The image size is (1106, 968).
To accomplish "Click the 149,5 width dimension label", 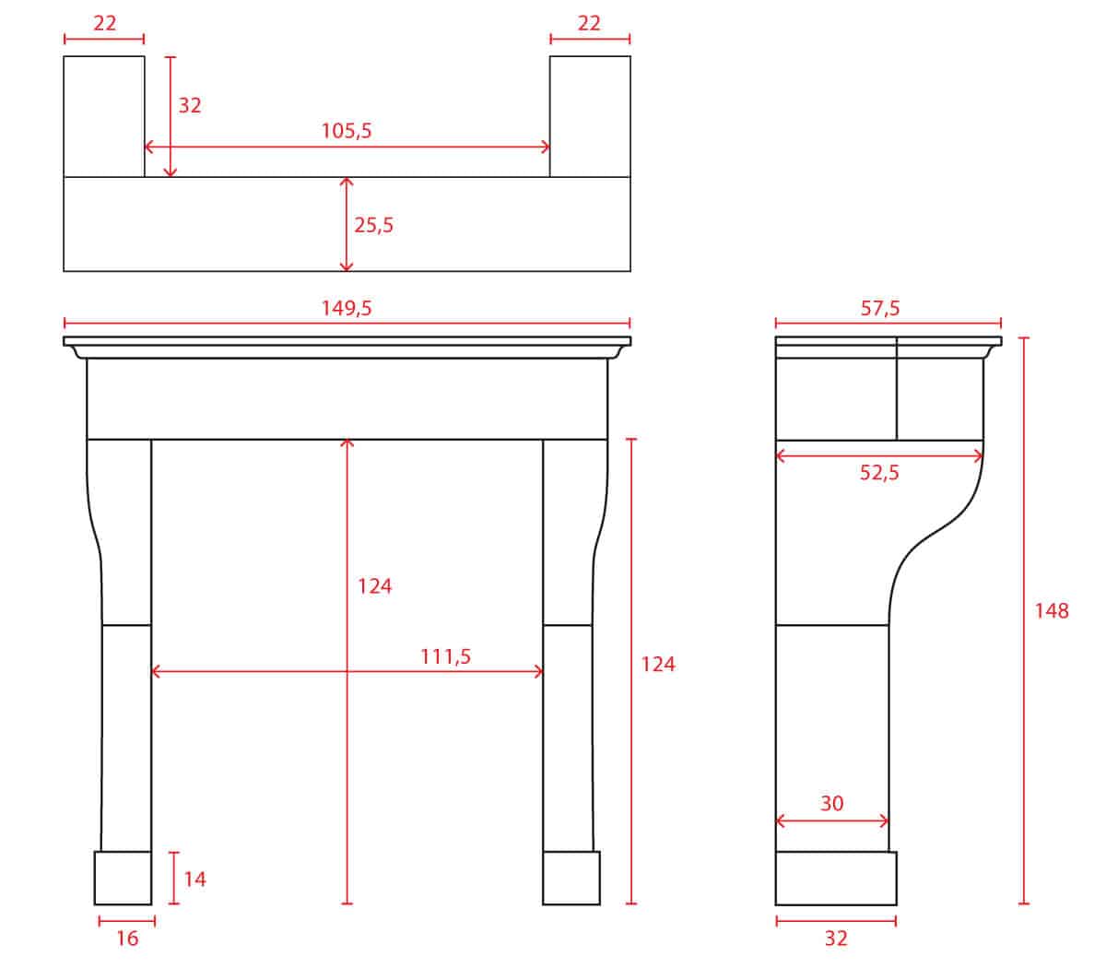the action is (347, 308).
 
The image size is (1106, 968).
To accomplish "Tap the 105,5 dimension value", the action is (347, 131).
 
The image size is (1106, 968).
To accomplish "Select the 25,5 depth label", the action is (373, 225).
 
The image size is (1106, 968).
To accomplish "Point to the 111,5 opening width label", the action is (445, 656).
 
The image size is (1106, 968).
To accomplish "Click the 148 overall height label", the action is (1052, 611).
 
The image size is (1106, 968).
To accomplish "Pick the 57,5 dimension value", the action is (880, 308).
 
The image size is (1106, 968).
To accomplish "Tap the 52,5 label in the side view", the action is (879, 473).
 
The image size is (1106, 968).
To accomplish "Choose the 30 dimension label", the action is (831, 803).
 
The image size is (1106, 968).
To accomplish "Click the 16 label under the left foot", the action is (127, 938).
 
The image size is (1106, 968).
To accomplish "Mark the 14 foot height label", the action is (194, 879).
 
